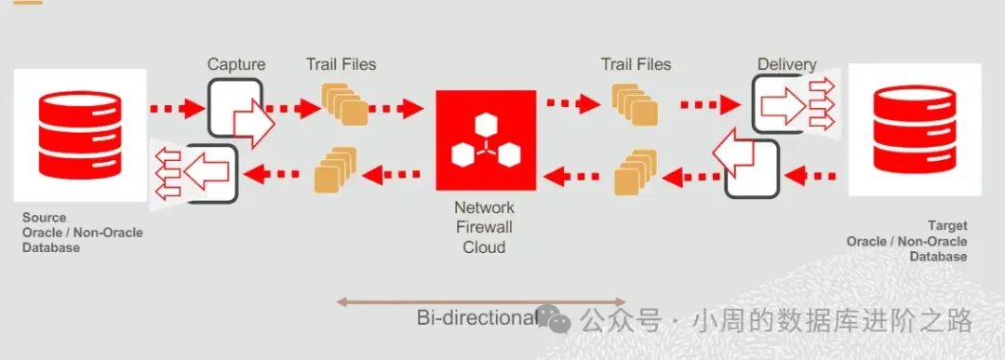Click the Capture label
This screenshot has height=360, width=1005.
pos(235,64)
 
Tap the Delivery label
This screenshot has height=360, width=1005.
pos(786,64)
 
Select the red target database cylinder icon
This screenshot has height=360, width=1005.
pos(915,129)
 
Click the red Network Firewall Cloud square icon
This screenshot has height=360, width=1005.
pos(485,140)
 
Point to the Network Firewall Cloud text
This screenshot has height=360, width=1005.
pos(484,227)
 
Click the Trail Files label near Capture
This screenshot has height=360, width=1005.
pos(342,64)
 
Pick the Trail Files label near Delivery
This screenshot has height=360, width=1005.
pos(636,64)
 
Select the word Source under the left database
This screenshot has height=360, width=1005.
pos(45,218)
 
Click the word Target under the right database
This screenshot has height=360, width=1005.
pos(947,226)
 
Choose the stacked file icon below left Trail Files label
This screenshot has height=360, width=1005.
pos(342,104)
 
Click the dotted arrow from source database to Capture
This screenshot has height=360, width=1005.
pos(177,109)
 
